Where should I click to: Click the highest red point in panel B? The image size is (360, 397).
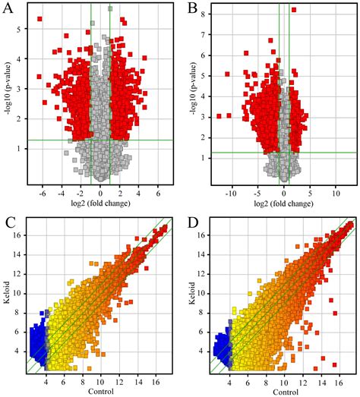pos(294,10)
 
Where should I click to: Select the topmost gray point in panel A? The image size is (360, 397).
pos(109,9)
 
